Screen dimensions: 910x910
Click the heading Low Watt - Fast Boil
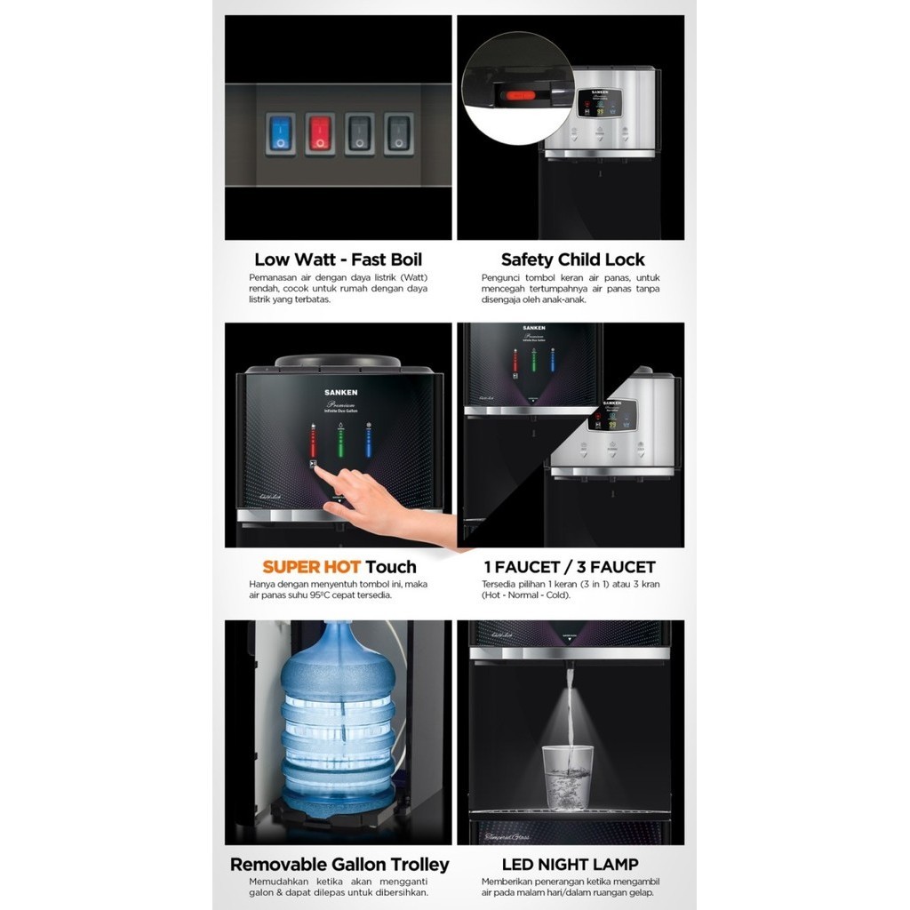point(338,259)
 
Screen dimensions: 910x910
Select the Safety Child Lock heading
point(572,259)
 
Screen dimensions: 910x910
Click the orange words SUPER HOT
point(311,567)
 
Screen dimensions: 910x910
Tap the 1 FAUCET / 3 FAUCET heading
point(570,567)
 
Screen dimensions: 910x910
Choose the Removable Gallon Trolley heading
point(339,865)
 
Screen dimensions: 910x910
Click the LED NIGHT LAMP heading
point(570,865)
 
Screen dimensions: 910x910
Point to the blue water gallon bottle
point(338,711)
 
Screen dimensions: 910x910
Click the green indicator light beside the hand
point(340,441)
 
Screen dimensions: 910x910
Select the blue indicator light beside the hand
point(369,441)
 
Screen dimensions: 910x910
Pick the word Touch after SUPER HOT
point(391,567)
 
